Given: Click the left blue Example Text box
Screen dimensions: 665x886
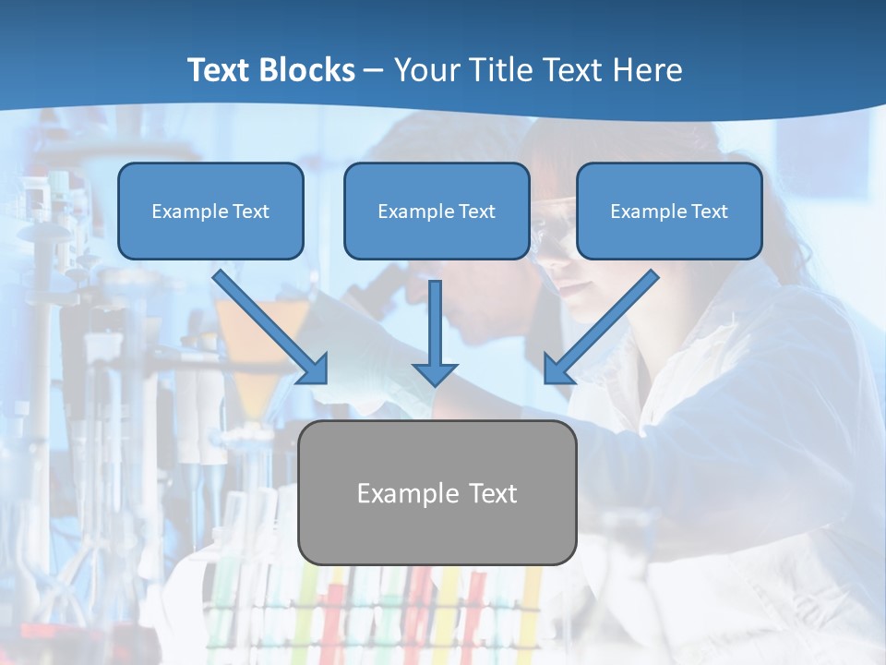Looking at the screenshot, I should (210, 211).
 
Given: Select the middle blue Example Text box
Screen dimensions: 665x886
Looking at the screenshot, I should (437, 211).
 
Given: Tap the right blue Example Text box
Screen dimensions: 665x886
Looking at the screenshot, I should (669, 211).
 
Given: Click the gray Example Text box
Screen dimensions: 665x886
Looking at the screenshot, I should (437, 492).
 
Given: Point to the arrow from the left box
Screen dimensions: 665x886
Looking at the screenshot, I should (268, 325).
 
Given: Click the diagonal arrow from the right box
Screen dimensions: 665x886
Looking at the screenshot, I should (605, 323).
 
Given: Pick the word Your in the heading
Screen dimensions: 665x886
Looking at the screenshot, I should (425, 70).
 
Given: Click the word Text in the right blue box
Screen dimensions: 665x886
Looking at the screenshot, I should (709, 211).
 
